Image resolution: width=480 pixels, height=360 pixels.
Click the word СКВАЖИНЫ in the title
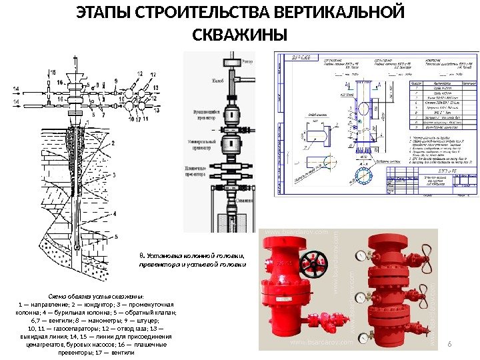[x=239, y=34]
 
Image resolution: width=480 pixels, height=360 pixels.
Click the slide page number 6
[x=450, y=343]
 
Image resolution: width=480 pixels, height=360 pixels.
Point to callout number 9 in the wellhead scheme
[x=115, y=81]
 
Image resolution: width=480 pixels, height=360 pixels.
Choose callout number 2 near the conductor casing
[x=113, y=142]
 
